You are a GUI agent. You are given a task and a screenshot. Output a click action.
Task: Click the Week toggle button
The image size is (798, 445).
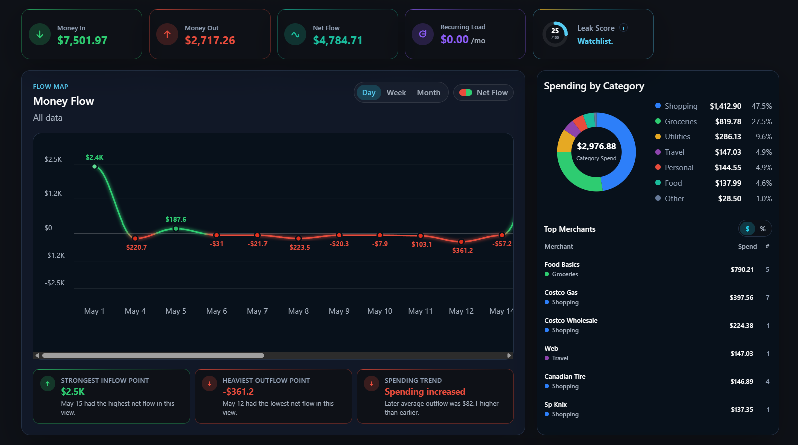(396, 93)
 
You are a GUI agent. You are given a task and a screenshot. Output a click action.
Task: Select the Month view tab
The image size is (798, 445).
(429, 93)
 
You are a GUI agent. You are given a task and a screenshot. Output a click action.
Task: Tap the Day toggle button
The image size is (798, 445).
(369, 93)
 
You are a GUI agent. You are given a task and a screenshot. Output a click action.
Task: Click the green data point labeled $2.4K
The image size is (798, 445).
(94, 167)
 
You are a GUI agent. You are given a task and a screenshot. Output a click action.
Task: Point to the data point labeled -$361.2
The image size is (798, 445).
(461, 242)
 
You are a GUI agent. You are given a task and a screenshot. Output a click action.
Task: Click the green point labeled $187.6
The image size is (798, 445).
(176, 229)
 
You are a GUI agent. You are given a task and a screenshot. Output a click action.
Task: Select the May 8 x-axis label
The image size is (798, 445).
(298, 311)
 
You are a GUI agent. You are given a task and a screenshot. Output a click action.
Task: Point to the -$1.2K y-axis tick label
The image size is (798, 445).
(55, 255)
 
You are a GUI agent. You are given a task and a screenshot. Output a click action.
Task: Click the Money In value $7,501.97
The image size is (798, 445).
(82, 40)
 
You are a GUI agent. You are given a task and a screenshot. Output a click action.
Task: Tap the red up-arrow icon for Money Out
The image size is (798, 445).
(167, 34)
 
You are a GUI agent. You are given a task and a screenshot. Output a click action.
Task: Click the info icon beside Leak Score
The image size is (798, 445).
(623, 28)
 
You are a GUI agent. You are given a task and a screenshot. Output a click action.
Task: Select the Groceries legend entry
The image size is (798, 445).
(676, 121)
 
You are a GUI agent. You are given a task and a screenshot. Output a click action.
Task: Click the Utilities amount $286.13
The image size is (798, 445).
(728, 137)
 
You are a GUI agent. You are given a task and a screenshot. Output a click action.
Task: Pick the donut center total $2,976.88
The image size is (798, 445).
(596, 146)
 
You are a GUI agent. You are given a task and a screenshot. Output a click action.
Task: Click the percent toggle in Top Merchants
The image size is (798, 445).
(763, 229)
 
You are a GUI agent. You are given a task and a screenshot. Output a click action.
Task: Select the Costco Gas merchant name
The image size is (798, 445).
(561, 293)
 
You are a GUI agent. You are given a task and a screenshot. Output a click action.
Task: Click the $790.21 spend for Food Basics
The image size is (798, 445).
(742, 269)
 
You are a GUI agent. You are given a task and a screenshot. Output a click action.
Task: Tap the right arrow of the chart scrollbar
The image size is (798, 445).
(509, 356)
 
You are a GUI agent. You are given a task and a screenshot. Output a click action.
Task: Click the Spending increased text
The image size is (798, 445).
(425, 392)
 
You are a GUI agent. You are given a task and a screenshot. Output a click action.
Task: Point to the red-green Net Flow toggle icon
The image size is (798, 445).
(465, 93)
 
